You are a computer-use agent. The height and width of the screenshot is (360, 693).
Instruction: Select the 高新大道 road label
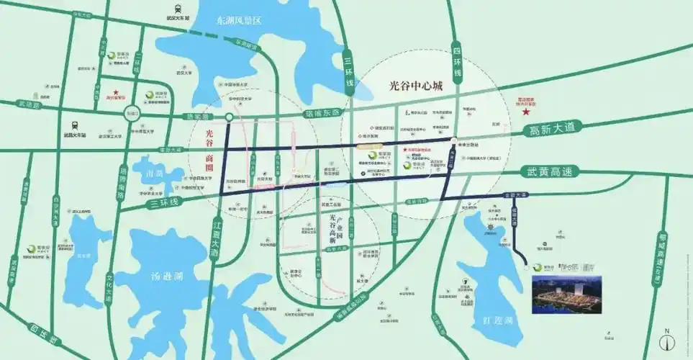[553, 129]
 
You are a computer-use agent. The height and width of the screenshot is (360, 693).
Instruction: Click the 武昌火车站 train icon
[75, 124]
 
